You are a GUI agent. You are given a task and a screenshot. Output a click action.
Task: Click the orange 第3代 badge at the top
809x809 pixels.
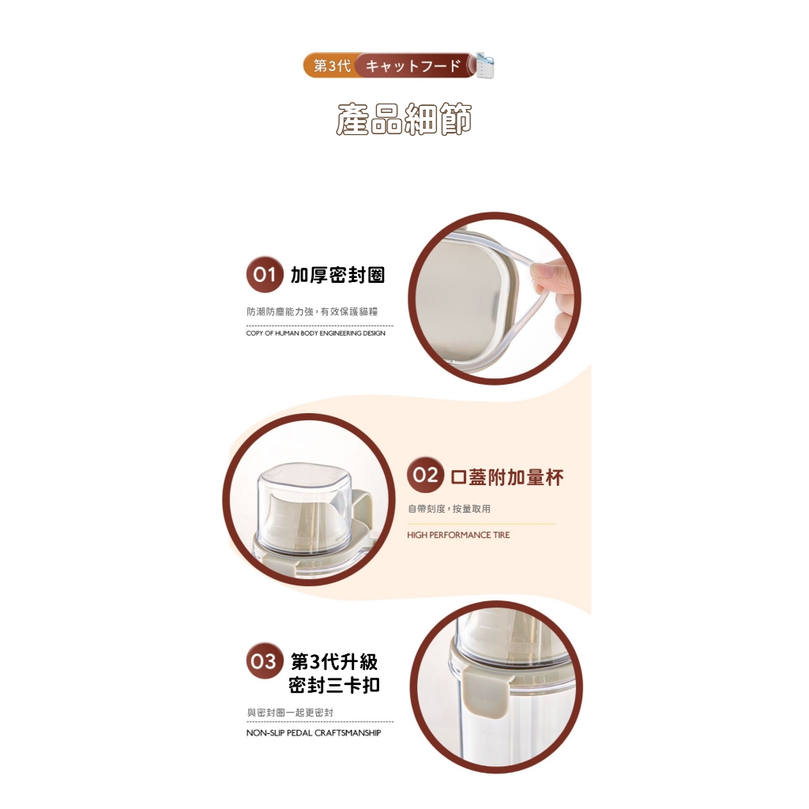331,66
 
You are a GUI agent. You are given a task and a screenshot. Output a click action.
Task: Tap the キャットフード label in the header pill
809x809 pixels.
412,66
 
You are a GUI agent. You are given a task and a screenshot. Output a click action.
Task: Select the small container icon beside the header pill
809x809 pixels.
484,65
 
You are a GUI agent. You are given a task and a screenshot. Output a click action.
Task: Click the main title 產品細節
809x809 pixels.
404,119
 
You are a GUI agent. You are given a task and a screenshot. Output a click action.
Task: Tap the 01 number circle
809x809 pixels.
265,274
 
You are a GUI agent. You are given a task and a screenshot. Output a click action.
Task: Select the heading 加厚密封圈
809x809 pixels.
338,275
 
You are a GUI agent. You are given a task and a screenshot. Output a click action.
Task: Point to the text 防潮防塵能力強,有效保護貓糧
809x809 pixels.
312,311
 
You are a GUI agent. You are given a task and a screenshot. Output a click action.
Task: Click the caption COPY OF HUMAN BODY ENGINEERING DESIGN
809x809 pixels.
316,333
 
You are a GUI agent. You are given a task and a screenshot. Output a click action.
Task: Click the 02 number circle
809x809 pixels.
425,475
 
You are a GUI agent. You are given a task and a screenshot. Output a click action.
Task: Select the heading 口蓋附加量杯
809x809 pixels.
507,477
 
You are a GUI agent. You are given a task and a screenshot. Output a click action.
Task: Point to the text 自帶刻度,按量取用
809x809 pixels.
449,509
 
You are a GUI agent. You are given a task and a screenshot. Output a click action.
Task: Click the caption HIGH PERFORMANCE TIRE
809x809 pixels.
458,535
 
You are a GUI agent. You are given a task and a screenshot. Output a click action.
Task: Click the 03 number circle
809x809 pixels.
265,661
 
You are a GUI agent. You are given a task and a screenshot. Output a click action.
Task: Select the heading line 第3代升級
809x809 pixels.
334,661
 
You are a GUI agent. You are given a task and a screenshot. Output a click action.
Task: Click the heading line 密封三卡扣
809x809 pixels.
334,685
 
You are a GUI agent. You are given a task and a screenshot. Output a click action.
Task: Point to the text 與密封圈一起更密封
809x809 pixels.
290,713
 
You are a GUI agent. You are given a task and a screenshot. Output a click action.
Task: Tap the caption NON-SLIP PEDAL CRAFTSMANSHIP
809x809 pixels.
314,732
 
